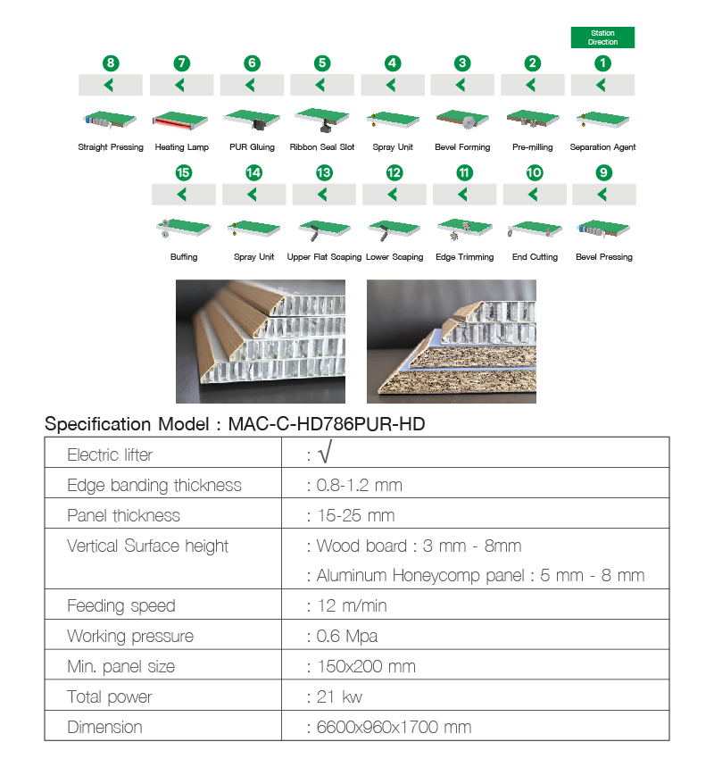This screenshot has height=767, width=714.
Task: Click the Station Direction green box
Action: pos(602,38)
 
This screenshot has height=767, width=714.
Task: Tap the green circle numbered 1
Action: pos(603,63)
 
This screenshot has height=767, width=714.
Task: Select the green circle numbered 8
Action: pos(111,63)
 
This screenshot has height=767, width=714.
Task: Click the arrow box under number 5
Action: pos(322,85)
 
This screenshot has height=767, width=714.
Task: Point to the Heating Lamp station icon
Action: pos(181,120)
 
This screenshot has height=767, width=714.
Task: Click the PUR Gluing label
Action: pos(252,147)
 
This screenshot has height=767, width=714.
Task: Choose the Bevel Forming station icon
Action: pos(462,120)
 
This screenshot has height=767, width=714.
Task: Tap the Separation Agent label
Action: pos(602,147)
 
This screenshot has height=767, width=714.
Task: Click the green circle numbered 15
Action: pos(184,173)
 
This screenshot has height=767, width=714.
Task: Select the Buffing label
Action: pos(184,257)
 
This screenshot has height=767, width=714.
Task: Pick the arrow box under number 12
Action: pos(394,195)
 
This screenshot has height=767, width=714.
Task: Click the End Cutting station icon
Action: pos(534,229)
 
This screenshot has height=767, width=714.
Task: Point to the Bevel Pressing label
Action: pos(604,257)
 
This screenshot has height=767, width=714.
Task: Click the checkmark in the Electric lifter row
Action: pos(325,454)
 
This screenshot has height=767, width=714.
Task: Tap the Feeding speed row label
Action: pos(121,606)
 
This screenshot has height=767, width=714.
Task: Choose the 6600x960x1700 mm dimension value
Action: pos(394,728)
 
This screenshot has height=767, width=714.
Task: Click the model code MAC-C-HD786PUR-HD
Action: pos(327,424)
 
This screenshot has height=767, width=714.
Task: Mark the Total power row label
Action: pos(110,697)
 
